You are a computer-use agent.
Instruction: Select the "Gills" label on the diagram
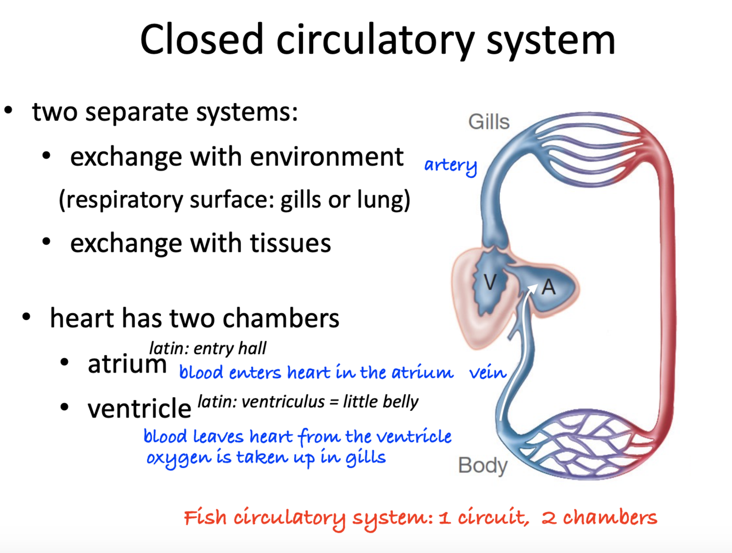(x=488, y=122)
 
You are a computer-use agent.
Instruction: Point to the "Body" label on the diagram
(x=482, y=466)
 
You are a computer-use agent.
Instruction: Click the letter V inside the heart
(x=490, y=282)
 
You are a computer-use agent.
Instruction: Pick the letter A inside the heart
(x=548, y=286)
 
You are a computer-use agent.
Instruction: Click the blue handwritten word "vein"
(x=487, y=373)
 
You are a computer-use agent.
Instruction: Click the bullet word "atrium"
(x=127, y=364)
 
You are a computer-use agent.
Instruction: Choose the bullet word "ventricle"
(x=139, y=408)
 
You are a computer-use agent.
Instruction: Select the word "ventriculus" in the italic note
(x=283, y=402)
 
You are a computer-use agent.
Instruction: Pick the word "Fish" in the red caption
(x=205, y=517)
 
